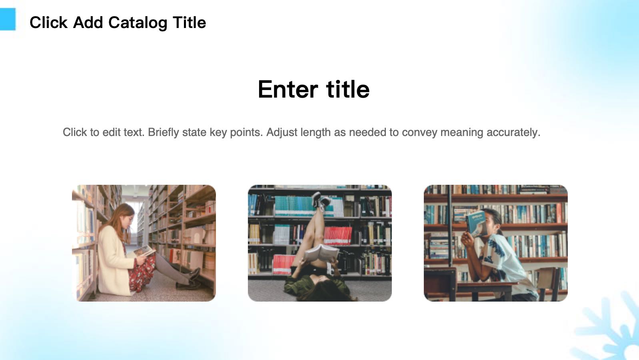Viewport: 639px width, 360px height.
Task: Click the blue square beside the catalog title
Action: pos(7,20)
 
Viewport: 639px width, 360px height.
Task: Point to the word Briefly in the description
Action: pos(163,132)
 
